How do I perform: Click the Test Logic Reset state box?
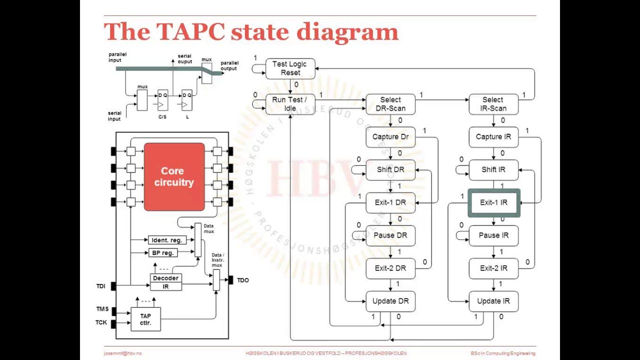pos(290,68)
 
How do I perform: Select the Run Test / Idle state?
pos(290,104)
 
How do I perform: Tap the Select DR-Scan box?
pos(390,104)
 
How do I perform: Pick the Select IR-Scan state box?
pos(493,104)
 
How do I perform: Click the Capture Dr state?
pos(390,137)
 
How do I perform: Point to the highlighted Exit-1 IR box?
pos(493,202)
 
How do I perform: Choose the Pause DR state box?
pos(390,235)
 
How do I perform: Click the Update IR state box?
pos(493,301)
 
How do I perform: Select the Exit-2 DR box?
pos(390,268)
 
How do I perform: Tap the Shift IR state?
pos(493,170)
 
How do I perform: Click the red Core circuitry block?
pos(174,177)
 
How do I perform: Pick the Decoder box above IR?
pos(166,278)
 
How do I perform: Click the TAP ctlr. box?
pos(145,319)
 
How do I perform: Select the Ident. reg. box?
pos(166,240)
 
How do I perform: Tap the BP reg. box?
pos(163,253)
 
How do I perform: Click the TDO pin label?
pos(242,280)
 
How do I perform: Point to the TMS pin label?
pos(102,309)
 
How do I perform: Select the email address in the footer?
pos(122,353)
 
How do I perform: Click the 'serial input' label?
pos(114,116)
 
